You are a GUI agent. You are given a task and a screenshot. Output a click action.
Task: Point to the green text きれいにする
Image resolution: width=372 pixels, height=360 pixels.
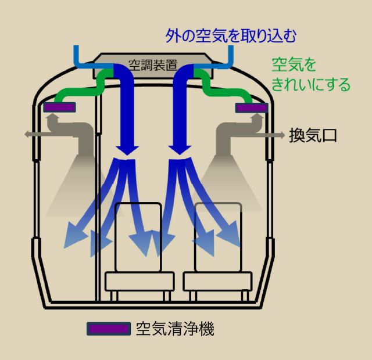(x=312, y=85)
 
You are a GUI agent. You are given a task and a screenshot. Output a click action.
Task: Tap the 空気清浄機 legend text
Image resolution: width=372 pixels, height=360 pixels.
(x=175, y=329)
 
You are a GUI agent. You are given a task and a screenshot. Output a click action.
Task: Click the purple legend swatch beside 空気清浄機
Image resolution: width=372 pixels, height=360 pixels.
(x=109, y=329)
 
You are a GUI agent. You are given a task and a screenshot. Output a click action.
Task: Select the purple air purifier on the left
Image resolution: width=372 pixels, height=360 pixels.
(x=60, y=107)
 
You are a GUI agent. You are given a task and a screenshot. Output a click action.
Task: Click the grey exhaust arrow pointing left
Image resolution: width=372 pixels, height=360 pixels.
(x=30, y=135)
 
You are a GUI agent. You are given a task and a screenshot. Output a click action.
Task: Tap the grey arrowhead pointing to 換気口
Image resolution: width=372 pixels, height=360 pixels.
(x=281, y=135)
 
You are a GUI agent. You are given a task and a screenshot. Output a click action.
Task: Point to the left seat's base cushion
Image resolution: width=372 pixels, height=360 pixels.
(x=139, y=282)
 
